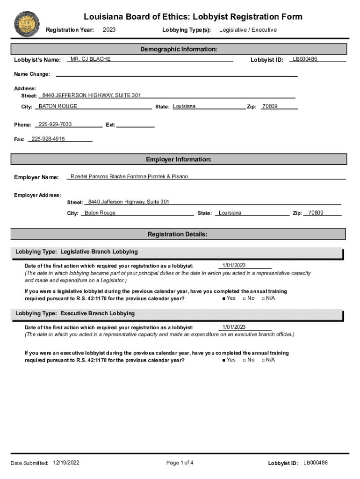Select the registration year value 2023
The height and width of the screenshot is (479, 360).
coord(109,30)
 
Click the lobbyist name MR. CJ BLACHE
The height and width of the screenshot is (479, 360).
coord(91,59)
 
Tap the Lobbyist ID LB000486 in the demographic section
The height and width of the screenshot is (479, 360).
coord(305,59)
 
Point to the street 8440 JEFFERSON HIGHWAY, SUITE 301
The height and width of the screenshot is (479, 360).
coord(92,95)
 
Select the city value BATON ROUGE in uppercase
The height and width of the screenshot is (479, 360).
coord(58,106)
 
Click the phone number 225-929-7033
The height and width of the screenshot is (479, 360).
coord(55,124)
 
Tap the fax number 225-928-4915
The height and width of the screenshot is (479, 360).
coord(48,139)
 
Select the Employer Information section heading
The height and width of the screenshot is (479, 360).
coord(179,160)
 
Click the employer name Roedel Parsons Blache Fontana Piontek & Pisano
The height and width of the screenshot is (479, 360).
coord(129,176)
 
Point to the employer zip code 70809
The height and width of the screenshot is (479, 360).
coord(316,213)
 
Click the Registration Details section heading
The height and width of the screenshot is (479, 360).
coord(178,234)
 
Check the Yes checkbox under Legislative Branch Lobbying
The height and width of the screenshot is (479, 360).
coord(224,298)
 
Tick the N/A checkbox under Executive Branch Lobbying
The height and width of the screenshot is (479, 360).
coord(263,360)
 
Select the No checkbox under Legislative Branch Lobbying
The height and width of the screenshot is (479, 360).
coord(244,298)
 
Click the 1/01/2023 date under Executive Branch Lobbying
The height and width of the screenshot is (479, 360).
coord(234,327)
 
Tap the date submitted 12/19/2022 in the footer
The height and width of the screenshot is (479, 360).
coord(66,463)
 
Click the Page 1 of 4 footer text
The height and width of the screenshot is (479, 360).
coord(180,463)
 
